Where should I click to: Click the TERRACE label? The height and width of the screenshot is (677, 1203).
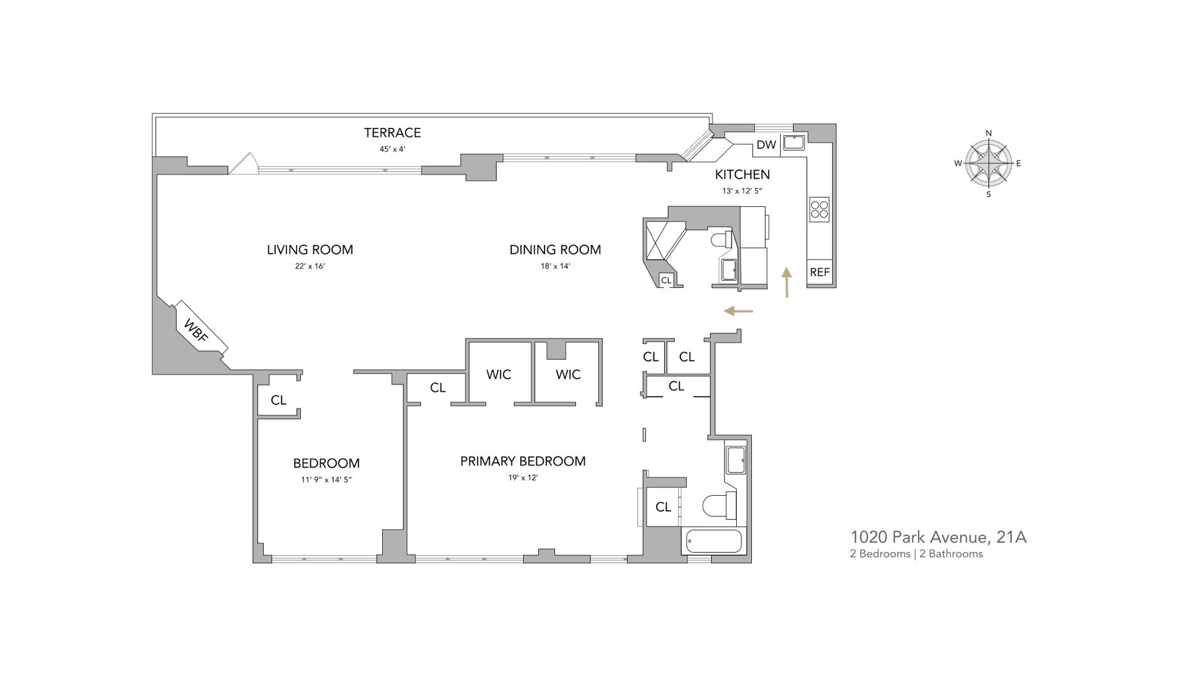click(393, 132)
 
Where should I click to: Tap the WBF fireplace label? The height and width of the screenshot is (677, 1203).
click(196, 330)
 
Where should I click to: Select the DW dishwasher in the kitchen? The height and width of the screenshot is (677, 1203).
click(766, 145)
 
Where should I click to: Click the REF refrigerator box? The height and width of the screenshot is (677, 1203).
click(820, 272)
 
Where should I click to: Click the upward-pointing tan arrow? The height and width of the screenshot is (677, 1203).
click(787, 282)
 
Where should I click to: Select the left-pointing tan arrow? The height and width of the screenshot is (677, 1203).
click(738, 311)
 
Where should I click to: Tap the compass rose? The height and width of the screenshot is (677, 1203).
click(989, 164)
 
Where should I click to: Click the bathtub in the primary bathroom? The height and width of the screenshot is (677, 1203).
click(714, 541)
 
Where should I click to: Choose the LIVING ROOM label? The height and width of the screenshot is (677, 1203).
click(310, 249)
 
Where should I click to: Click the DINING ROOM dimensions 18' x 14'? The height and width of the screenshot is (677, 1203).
click(555, 266)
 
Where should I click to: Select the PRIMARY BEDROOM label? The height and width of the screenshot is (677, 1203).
click(523, 461)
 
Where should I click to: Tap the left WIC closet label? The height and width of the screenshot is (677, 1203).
click(499, 374)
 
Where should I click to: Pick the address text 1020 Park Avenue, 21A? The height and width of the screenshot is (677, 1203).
click(938, 537)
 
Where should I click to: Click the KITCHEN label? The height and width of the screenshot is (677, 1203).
click(742, 174)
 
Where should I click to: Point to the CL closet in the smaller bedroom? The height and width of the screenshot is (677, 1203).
click(279, 400)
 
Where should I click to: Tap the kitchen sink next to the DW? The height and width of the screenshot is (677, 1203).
click(794, 142)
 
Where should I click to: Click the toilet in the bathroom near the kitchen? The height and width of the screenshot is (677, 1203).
click(721, 239)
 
